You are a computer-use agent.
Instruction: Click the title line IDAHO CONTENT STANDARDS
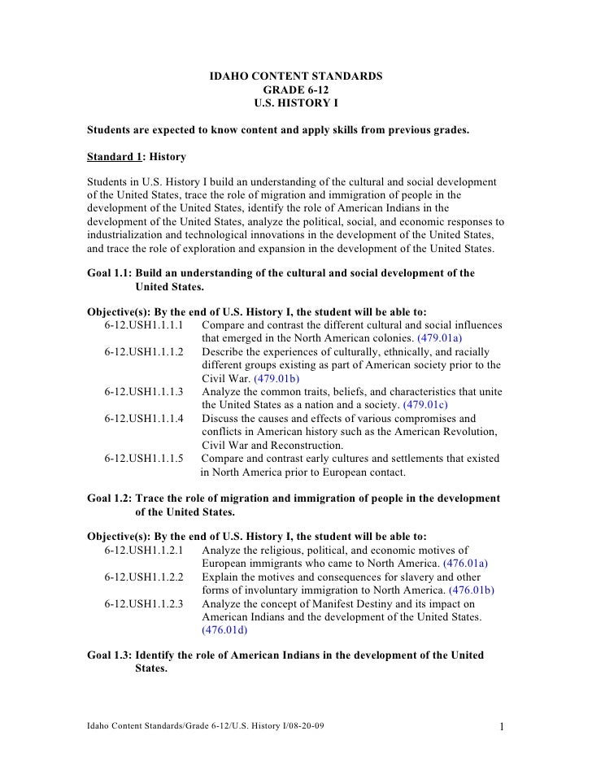pos(296,77)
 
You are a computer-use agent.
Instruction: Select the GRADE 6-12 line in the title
pos(296,90)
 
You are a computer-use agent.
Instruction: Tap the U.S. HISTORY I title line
pos(296,103)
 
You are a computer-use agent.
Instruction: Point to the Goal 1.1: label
pos(109,273)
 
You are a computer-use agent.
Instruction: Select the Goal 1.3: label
pos(109,655)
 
